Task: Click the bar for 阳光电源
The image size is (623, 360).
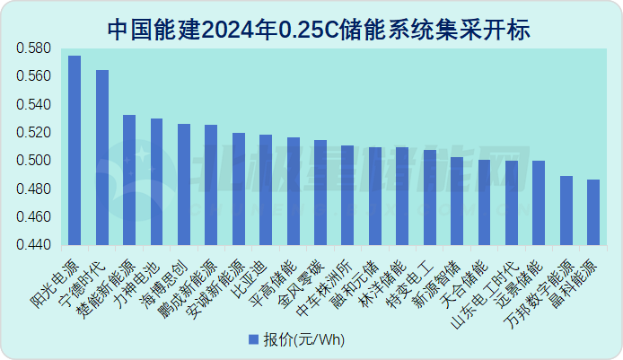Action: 75,150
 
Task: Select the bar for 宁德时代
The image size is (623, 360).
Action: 102,157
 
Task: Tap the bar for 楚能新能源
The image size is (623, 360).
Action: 129,180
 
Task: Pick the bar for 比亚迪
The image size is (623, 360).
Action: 266,189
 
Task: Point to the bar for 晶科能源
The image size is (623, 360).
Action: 593,212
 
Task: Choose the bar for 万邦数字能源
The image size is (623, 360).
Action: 566,210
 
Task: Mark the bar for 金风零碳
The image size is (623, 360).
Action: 320,192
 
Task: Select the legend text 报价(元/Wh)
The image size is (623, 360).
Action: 304,340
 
